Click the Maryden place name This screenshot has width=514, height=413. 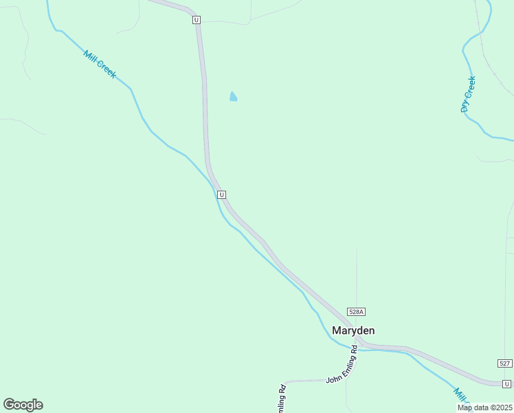pos(353,330)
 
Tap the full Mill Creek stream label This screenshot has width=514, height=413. pos(100,64)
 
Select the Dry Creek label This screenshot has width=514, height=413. pos(468,94)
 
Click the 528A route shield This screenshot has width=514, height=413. pos(356,312)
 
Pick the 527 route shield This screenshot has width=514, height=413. pos(505,363)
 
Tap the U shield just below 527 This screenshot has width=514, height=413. pos(506,383)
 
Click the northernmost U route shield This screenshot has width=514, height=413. pos(197,21)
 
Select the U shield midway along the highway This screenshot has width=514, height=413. pos(222,195)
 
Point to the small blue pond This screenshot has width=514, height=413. pos(233,97)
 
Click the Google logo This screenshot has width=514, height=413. pos(23,405)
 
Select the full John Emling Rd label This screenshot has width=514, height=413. pos(342,370)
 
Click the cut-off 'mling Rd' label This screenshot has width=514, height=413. pos(281,399)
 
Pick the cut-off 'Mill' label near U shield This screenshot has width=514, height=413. pos(460,395)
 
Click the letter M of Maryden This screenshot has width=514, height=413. pos(337,330)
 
